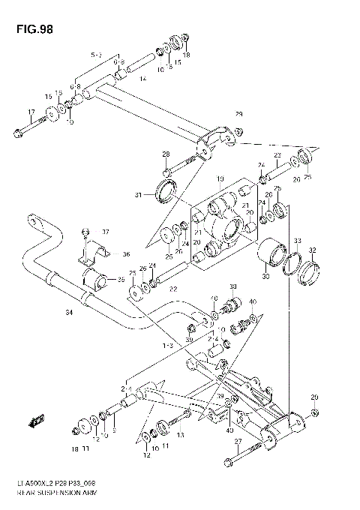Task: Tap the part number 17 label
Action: click(30, 113)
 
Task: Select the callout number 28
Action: click(166, 154)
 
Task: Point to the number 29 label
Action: click(238, 115)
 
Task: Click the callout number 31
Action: click(138, 196)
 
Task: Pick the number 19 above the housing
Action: click(220, 178)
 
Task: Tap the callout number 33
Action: click(297, 241)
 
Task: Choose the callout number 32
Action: click(312, 250)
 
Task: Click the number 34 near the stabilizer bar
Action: click(69, 312)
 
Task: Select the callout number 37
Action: click(106, 231)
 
